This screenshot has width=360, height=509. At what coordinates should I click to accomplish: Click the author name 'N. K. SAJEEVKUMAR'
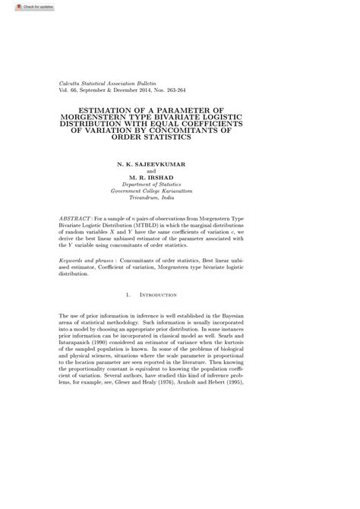pos(149,164)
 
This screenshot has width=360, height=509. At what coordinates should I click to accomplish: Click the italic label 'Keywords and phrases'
pos(83,260)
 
